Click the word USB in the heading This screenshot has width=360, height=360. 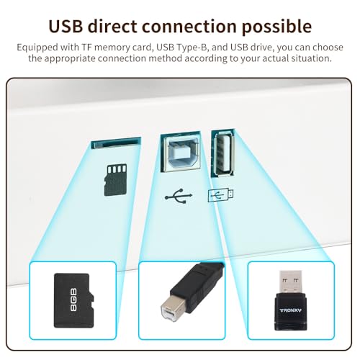pos(66,26)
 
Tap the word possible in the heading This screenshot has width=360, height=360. pos(276,27)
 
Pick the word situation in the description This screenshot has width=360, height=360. pos(310,58)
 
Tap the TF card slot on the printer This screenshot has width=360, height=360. pos(116,143)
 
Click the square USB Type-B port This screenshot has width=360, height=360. pos(181,151)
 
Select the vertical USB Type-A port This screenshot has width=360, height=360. pos(222,153)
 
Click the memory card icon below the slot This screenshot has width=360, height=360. pos(115,180)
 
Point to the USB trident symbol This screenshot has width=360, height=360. pos(179,196)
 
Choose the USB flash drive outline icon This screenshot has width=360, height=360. pos(220,195)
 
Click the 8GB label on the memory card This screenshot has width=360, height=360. pos(74,300)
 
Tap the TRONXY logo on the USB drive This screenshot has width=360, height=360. pos(291,310)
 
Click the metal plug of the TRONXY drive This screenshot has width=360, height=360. pos(290,282)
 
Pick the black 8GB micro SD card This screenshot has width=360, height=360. pos(74,300)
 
